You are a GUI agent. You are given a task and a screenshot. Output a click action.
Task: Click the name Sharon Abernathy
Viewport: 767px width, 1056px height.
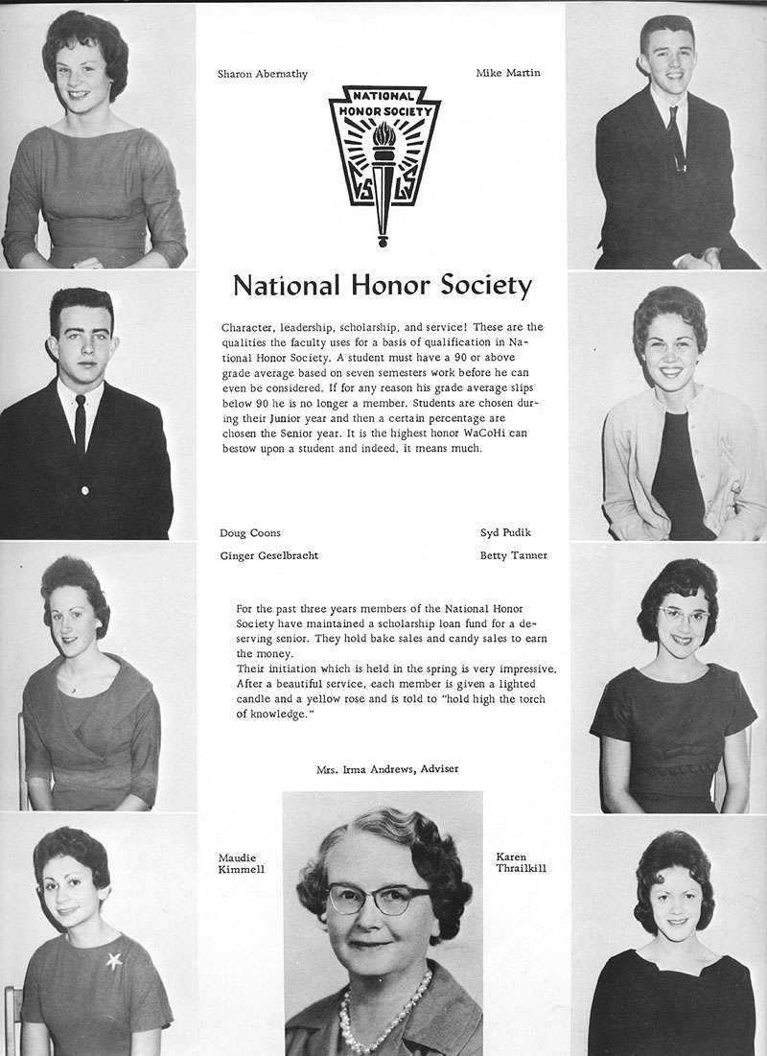[263, 74]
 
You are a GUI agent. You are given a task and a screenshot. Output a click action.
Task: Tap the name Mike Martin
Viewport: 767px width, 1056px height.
[508, 73]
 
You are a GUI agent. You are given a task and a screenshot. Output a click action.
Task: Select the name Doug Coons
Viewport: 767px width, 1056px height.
[250, 532]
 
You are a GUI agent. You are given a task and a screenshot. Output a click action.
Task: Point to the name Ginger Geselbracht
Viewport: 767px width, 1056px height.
[269, 555]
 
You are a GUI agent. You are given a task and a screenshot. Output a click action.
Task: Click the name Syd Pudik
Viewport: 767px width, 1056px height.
[504, 532]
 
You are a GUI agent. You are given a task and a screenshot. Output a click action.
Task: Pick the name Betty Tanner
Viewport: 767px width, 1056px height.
[514, 555]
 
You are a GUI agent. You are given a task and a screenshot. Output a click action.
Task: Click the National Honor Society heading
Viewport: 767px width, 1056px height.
[383, 286]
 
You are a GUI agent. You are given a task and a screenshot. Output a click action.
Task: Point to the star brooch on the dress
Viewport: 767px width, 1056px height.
[114, 959]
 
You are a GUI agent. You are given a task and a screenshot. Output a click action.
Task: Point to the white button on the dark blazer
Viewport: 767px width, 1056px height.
[84, 489]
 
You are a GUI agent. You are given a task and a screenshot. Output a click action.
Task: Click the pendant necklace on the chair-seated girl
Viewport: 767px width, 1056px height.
[73, 689]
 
